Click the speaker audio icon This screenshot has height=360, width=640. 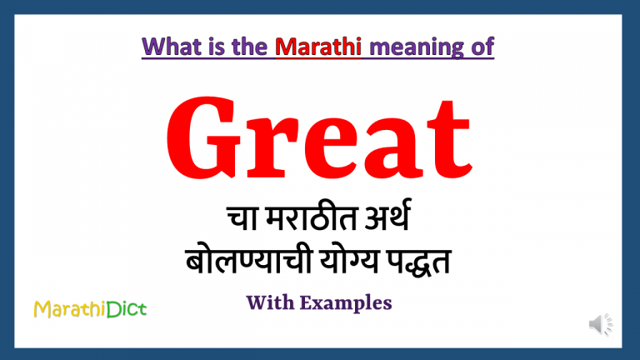600,325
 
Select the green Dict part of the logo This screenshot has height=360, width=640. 126,310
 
